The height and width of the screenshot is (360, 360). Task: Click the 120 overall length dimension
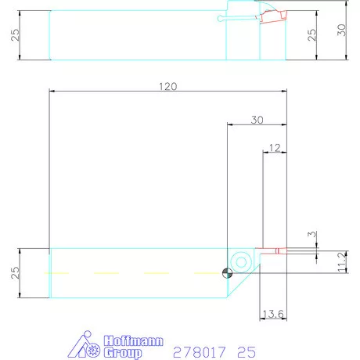[167, 85]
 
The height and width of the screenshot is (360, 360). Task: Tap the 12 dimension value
[273, 147]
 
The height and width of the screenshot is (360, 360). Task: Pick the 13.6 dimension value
[272, 314]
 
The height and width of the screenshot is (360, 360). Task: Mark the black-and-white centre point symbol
[226, 272]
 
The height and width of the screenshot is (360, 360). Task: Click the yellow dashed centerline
[133, 272]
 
